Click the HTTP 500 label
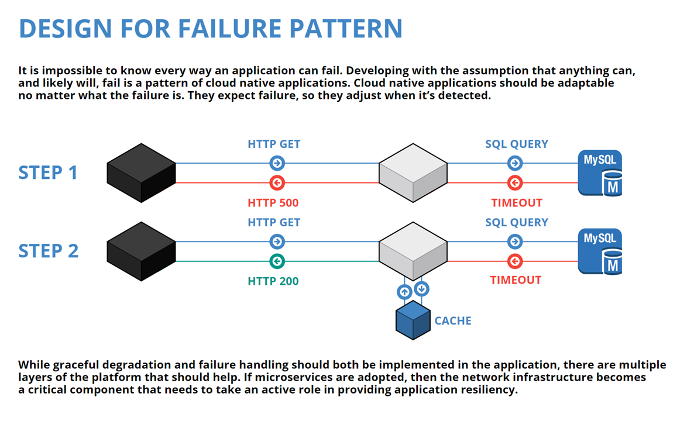click(x=273, y=203)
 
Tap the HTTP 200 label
click(x=273, y=281)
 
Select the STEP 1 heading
click(x=48, y=173)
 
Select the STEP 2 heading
click(x=48, y=251)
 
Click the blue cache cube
click(x=413, y=320)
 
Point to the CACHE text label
click(x=452, y=321)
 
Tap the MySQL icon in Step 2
click(x=600, y=251)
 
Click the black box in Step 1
click(x=142, y=173)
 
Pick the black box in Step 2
click(x=142, y=251)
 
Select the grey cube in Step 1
click(x=413, y=173)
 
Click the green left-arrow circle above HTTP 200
click(x=277, y=261)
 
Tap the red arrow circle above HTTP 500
click(x=277, y=183)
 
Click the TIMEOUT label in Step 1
click(x=516, y=203)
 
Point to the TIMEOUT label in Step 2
click(x=516, y=280)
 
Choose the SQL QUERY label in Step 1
click(x=516, y=144)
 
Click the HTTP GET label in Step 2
click(x=273, y=223)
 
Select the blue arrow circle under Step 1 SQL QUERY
click(x=515, y=163)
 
